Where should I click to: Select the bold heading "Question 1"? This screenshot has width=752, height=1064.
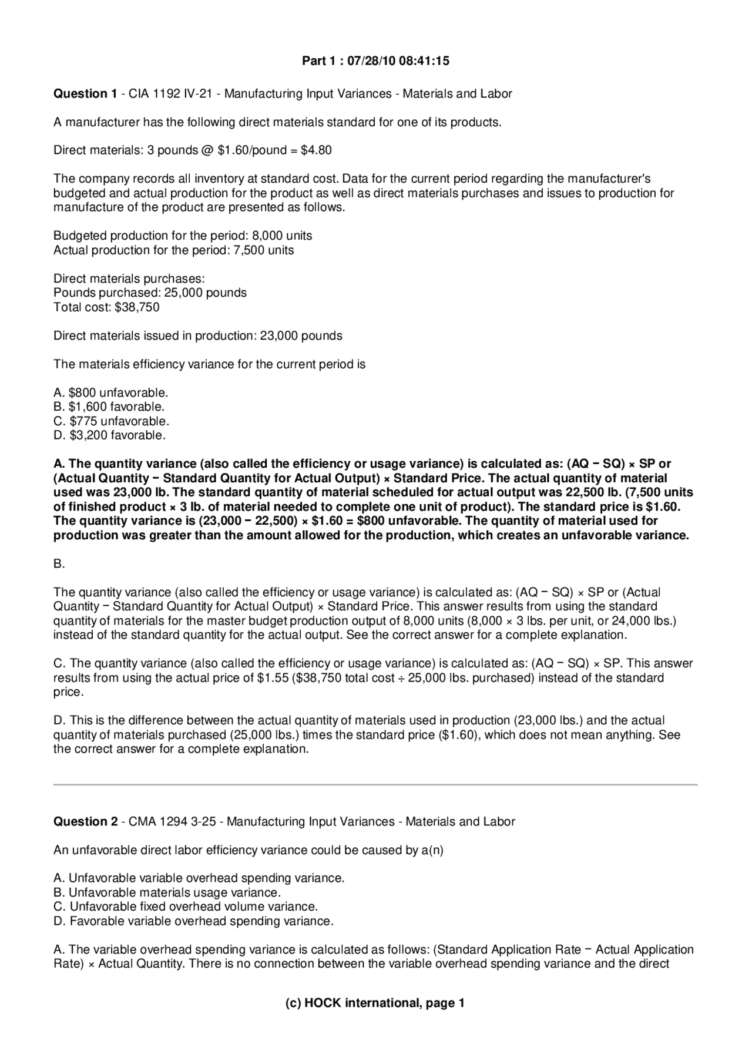tap(85, 94)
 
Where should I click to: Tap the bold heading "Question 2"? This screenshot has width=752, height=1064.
tap(85, 822)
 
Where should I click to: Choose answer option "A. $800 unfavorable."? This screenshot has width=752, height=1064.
tap(110, 392)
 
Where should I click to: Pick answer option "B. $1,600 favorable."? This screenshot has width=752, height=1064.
tap(109, 407)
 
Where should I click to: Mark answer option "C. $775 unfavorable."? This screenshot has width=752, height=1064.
tap(111, 421)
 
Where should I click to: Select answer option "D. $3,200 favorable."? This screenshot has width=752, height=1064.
tap(109, 435)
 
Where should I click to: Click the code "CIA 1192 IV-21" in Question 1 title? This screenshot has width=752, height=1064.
tap(170, 94)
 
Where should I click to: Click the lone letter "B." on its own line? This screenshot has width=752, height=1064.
tap(59, 564)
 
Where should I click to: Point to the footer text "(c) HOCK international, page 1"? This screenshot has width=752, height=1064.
tap(375, 1003)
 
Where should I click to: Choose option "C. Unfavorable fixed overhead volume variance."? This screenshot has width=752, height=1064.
tap(186, 907)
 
